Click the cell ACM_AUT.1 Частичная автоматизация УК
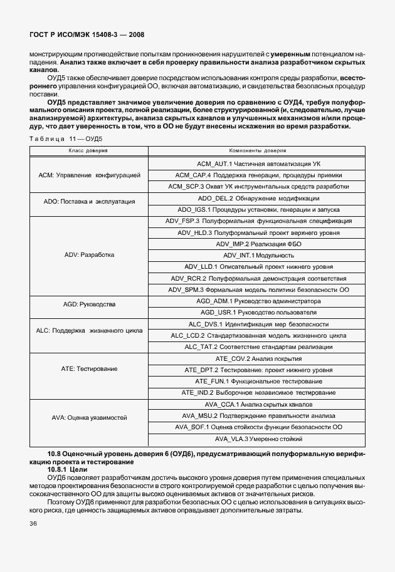(258, 163)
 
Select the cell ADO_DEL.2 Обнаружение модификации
(258, 198)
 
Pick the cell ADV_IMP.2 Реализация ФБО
(258, 244)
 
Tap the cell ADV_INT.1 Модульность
(258, 255)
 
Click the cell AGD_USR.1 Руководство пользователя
(258, 312)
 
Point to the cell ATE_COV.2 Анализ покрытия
(258, 358)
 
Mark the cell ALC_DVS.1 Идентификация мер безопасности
(258, 324)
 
